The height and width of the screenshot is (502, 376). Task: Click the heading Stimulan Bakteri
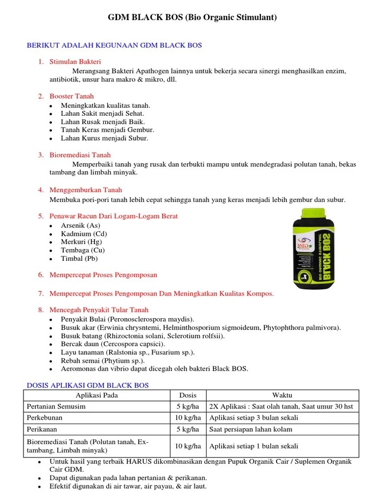(75, 62)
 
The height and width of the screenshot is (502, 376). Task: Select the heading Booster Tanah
(71, 96)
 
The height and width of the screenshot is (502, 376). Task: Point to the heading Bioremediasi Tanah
(80, 155)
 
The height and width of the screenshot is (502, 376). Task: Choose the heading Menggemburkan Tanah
(86, 190)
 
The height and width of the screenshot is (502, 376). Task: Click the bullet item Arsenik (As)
(80, 226)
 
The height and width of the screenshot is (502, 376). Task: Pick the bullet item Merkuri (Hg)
(80, 242)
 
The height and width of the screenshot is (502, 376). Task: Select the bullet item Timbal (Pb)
(79, 258)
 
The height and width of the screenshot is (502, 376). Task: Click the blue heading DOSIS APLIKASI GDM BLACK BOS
(87, 385)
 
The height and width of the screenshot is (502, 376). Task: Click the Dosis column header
(188, 395)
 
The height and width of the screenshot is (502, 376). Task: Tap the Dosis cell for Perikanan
(188, 429)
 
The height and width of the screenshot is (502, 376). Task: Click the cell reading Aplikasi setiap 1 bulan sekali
(254, 446)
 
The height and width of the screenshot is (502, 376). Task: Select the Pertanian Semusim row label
(55, 406)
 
